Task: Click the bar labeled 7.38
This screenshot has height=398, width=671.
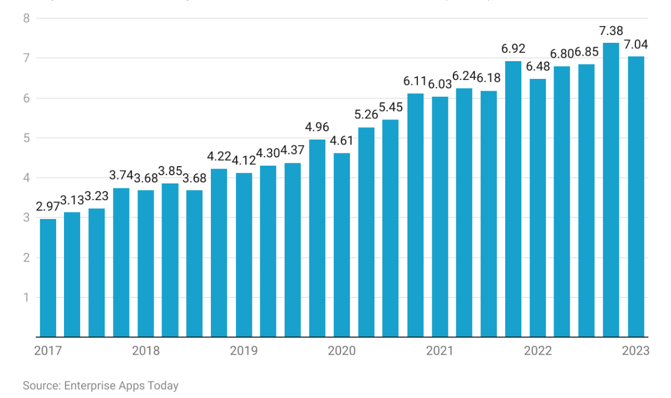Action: click(x=611, y=190)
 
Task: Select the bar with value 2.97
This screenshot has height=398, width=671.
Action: click(x=48, y=278)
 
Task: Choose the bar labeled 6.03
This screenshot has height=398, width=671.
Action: click(x=440, y=217)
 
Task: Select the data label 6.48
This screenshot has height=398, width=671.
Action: click(x=537, y=67)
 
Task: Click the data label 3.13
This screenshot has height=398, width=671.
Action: click(x=72, y=200)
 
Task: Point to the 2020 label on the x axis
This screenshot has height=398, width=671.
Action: click(x=342, y=351)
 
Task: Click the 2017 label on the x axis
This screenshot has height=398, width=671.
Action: click(x=48, y=351)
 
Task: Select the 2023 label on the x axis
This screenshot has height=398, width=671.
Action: click(x=635, y=351)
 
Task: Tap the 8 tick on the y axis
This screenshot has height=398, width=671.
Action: click(x=26, y=18)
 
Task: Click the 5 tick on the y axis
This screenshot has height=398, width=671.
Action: click(x=26, y=138)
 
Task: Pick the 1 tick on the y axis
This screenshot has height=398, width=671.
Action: click(x=26, y=297)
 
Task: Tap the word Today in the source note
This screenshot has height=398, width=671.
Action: click(x=165, y=385)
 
